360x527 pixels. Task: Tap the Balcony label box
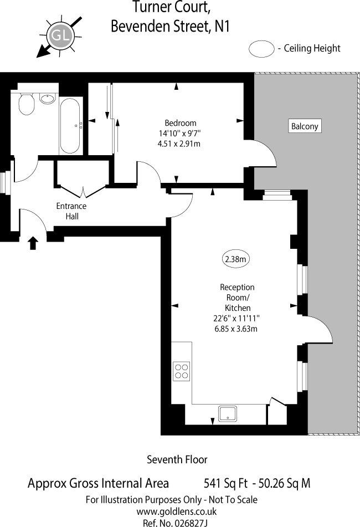305,126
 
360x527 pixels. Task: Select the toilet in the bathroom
26,104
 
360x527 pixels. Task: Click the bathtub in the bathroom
70,126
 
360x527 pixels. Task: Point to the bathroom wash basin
48,99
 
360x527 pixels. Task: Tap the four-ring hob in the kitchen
182,370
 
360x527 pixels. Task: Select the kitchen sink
228,413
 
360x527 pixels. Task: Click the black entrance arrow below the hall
33,242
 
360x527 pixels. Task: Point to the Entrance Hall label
71,211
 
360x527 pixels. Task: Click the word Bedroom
181,123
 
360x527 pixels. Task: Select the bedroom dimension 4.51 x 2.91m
179,144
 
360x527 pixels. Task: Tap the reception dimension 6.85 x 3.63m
237,328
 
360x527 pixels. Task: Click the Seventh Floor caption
177,459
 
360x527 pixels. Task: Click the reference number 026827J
189,521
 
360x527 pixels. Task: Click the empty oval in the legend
261,49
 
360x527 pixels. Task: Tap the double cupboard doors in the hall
84,193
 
